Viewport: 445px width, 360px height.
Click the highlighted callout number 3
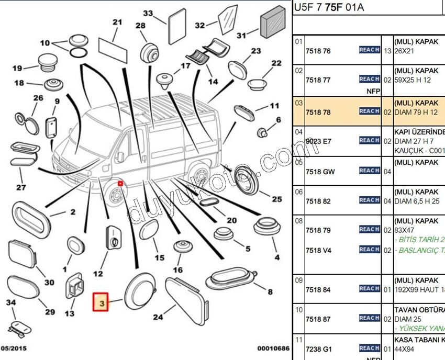point(101,302)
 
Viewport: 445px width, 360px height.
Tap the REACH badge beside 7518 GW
point(369,171)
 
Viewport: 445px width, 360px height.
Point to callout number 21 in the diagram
point(117,22)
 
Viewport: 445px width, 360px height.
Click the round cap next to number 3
point(139,291)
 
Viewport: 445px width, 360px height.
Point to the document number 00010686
point(273,348)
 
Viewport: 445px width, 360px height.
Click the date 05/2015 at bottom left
point(15,348)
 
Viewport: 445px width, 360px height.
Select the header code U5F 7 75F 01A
point(328,7)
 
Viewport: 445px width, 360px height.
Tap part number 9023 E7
point(318,141)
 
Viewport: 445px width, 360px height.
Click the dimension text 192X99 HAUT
point(419,289)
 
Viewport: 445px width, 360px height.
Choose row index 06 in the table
point(298,192)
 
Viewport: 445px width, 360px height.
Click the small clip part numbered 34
point(18,328)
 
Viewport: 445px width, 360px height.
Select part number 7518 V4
point(318,250)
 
